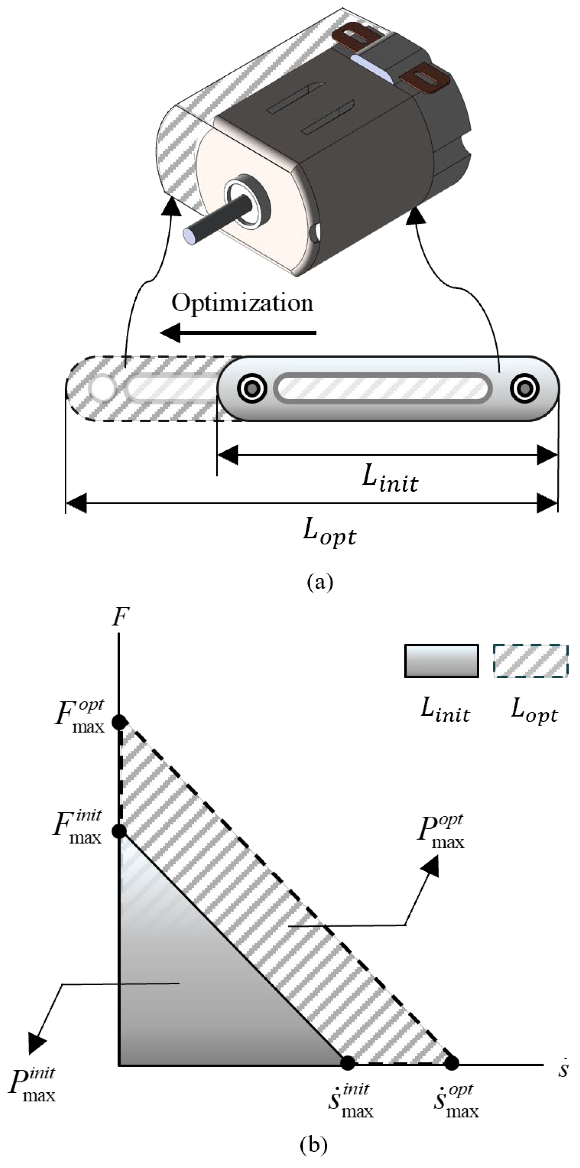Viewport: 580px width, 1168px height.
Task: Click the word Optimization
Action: pyautogui.click(x=242, y=303)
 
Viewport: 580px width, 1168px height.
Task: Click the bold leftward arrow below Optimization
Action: pyautogui.click(x=238, y=334)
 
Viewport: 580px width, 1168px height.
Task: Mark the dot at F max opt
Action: pyautogui.click(x=119, y=721)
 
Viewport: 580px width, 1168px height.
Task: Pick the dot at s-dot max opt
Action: pyautogui.click(x=451, y=1063)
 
